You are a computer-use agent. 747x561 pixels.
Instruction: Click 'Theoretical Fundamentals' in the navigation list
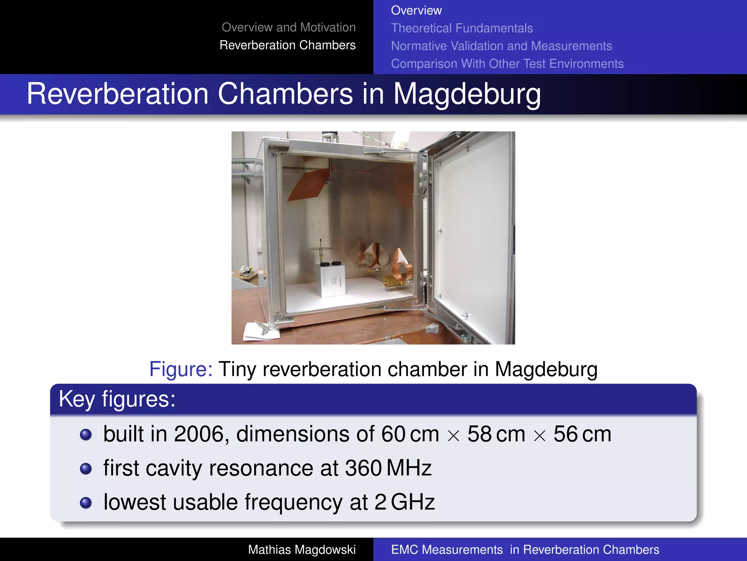point(462,28)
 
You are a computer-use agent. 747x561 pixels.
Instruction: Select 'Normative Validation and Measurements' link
point(502,46)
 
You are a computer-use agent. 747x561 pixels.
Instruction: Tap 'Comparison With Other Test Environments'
point(507,64)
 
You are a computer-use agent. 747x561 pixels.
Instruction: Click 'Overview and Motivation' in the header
point(289,27)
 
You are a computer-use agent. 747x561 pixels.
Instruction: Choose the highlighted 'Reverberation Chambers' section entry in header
point(287,45)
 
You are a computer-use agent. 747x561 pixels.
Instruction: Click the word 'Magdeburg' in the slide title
point(467,94)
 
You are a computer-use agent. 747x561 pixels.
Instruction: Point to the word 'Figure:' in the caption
point(181,369)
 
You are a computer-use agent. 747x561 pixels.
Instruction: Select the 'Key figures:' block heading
point(117,399)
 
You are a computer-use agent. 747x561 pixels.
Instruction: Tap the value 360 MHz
point(388,468)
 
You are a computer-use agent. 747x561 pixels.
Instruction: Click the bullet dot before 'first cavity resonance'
point(86,469)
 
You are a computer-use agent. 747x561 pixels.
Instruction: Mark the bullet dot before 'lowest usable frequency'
point(86,503)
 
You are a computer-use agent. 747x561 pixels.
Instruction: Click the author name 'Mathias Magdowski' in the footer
point(302,550)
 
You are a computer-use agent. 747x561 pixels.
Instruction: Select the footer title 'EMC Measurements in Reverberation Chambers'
point(525,550)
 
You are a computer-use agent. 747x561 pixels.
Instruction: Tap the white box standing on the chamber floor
point(332,279)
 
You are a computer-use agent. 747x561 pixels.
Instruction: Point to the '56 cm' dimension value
point(582,434)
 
